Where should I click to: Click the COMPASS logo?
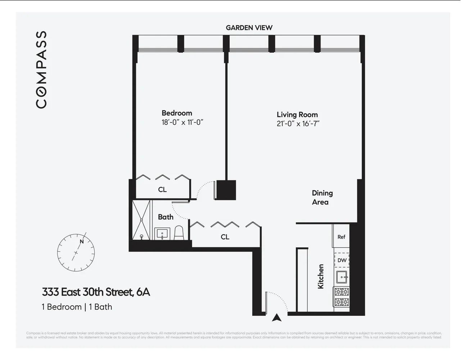tap(41, 69)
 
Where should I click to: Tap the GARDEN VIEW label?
tap(249, 28)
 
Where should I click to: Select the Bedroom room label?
tap(177, 113)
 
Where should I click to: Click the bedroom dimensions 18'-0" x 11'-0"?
tap(182, 122)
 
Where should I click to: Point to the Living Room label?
tap(297, 114)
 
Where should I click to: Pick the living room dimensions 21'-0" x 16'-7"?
tap(298, 124)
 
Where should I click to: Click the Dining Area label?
tap(322, 198)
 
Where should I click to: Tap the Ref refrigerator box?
tap(341, 237)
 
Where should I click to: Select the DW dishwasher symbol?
tap(342, 260)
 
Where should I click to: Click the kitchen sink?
tap(342, 278)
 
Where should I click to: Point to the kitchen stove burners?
tap(342, 297)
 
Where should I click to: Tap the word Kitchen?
tap(321, 276)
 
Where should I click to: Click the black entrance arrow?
tap(276, 318)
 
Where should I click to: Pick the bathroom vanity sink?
tap(163, 234)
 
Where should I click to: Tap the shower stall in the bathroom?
tap(142, 220)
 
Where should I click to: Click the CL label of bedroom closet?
tap(162, 189)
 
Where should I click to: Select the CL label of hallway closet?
tap(225, 237)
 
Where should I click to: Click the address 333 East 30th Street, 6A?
tap(96, 292)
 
